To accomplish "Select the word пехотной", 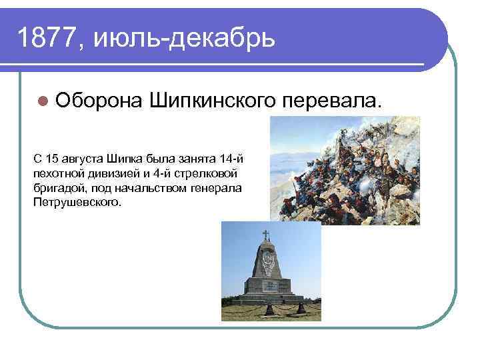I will click(x=56, y=173).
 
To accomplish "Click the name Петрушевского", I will click(x=76, y=201).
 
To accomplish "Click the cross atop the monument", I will click(x=265, y=235).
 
